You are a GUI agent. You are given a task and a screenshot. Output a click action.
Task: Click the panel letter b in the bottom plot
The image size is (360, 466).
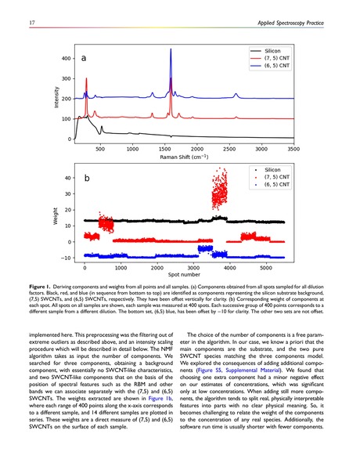pyautogui.click(x=88, y=179)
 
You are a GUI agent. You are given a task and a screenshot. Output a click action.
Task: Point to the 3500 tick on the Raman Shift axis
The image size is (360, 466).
pyautogui.click(x=293, y=147)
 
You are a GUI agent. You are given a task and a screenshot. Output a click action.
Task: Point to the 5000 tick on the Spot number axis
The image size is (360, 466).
pyautogui.click(x=265, y=266)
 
